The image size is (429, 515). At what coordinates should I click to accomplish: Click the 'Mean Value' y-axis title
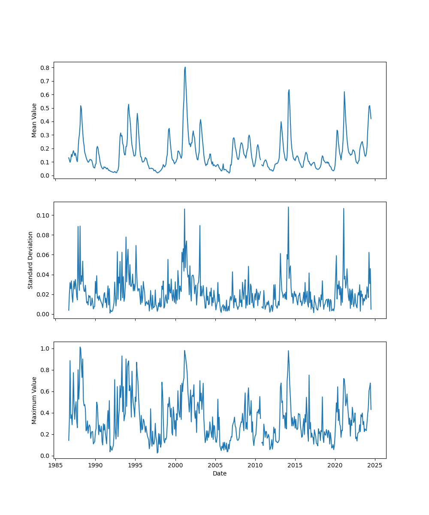34,120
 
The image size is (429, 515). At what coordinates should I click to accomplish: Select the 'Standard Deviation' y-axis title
30,260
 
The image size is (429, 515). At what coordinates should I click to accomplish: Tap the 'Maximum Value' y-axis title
34,400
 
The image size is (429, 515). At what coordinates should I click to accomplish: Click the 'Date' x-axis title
220,473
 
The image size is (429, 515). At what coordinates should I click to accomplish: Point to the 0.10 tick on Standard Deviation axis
43,215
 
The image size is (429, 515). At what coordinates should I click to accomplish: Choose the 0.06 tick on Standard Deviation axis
43,255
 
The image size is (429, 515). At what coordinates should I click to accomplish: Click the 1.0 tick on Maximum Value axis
45,348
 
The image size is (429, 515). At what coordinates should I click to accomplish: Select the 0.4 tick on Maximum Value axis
45,413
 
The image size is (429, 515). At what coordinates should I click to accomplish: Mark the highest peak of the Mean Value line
185,67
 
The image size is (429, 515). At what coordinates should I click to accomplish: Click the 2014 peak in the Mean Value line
289,90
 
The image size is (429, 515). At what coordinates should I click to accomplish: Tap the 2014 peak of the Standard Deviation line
288,207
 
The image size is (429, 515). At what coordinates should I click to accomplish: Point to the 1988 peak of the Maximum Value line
80,347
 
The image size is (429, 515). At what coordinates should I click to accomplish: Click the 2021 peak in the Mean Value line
344,91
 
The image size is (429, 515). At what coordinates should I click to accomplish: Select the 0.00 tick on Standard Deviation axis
43,314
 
